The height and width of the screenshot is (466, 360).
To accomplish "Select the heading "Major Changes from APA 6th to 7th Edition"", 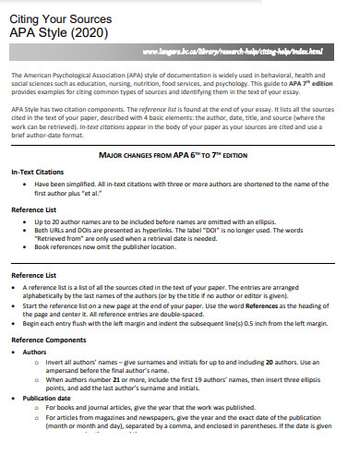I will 180,155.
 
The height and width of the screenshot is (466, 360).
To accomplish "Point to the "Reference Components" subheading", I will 45,341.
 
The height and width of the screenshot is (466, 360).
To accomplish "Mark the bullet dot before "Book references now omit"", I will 27,247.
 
